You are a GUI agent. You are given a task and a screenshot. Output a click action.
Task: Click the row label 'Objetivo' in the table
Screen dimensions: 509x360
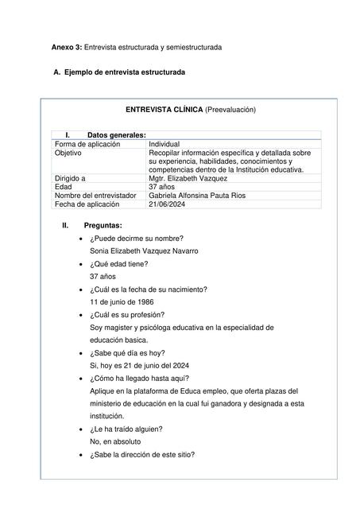click(69, 152)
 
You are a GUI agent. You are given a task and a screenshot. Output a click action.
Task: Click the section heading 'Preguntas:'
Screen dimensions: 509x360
click(103, 226)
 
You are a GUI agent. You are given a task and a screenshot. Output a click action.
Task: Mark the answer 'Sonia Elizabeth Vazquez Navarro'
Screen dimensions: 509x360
click(144, 251)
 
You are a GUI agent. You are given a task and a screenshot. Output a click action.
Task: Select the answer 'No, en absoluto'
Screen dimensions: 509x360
click(115, 441)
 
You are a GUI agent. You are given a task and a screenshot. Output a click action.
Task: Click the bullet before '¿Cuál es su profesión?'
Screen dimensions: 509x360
click(83, 315)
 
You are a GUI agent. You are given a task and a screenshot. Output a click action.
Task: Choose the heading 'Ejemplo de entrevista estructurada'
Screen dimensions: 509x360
click(124, 73)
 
